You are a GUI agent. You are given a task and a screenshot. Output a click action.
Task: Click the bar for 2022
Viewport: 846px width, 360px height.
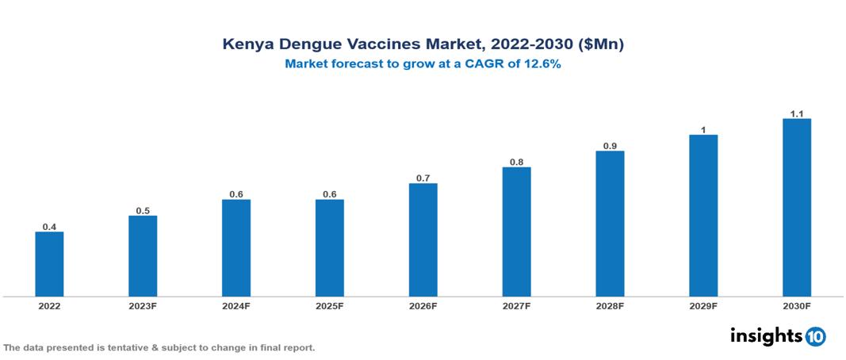pos(49,264)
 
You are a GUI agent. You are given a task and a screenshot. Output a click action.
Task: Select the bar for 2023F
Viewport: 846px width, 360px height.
pos(143,256)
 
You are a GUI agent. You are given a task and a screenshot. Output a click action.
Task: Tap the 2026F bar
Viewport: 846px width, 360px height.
pos(423,239)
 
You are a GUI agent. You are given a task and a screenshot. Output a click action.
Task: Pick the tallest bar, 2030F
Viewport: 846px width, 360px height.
pos(797,208)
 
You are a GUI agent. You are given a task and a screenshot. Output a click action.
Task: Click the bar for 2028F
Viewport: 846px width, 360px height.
pos(610,224)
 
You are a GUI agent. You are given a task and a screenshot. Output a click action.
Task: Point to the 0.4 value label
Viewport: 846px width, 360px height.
pos(49,227)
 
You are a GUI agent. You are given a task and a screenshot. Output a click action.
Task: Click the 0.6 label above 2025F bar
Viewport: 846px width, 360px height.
pos(330,194)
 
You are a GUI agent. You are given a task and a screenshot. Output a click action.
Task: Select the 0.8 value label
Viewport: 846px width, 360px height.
pos(516,162)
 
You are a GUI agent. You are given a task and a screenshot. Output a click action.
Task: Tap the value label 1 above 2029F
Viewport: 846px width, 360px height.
pos(703,129)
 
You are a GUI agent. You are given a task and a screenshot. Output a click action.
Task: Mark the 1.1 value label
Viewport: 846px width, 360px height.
pos(797,113)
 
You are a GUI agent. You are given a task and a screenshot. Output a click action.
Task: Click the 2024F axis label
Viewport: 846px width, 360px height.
pos(236,306)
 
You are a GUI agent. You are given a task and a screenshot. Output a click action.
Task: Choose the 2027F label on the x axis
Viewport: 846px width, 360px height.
pos(516,306)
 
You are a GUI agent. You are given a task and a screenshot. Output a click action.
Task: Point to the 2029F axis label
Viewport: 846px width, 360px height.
pos(703,306)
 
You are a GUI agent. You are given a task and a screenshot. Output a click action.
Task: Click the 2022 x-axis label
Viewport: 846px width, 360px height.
pos(49,306)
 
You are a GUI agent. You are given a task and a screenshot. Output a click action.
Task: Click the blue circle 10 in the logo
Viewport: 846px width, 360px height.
pos(815,336)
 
